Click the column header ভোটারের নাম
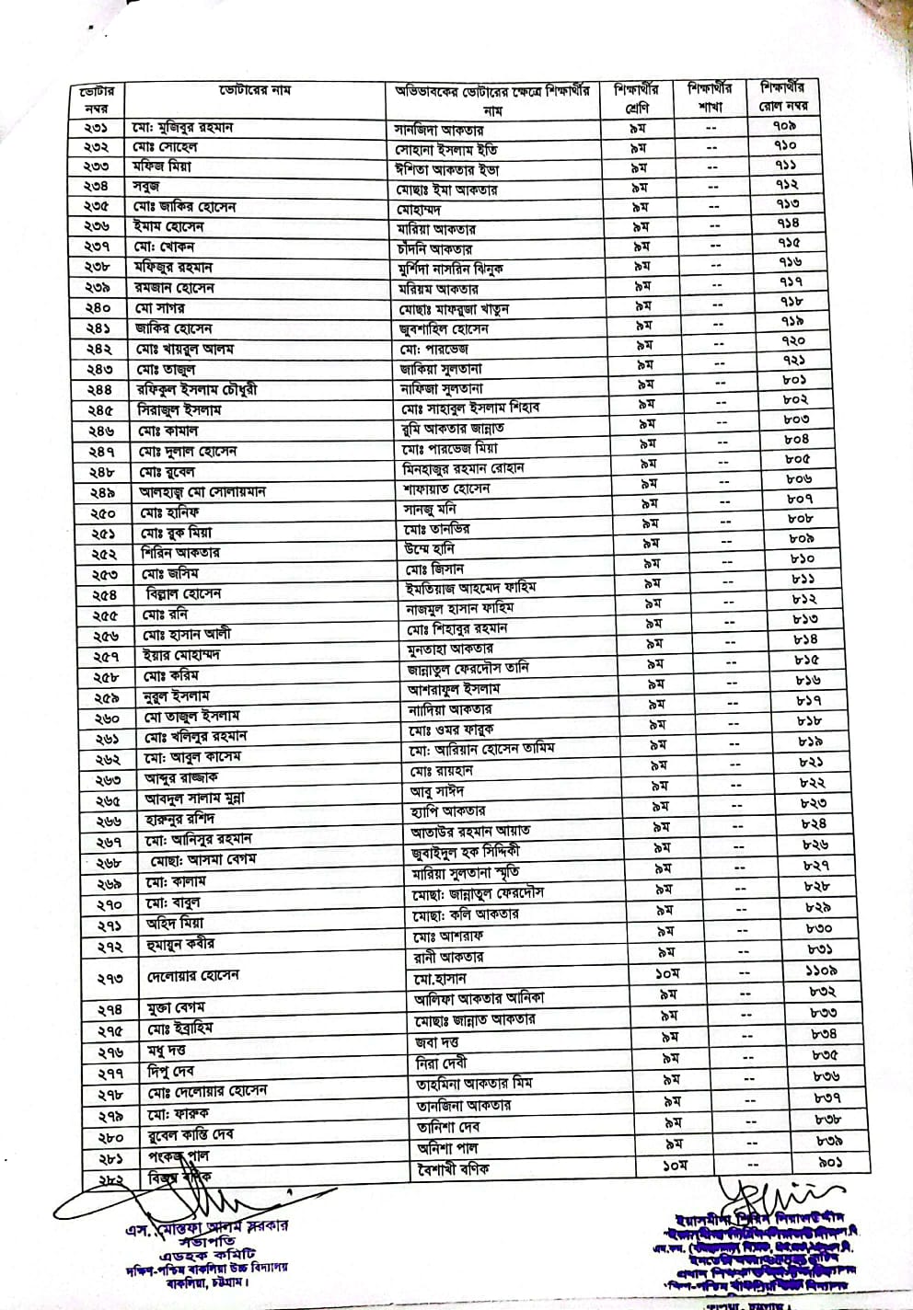[x=255, y=91]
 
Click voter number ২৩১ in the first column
[x=97, y=128]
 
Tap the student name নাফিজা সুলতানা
[x=441, y=389]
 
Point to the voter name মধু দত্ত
[x=168, y=1051]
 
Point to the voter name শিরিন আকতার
[x=180, y=553]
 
